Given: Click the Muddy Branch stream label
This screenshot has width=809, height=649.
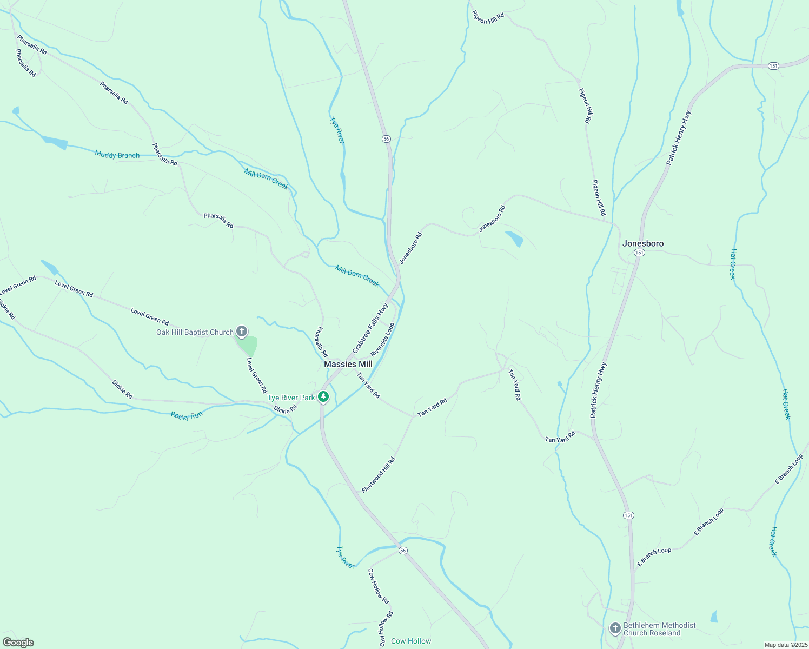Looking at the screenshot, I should (x=117, y=155).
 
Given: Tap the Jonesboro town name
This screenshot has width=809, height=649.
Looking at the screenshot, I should (x=642, y=243).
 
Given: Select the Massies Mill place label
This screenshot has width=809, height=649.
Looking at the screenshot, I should (x=348, y=364).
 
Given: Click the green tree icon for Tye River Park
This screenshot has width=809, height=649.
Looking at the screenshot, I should (x=323, y=398).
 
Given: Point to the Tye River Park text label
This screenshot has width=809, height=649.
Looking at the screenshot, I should (x=291, y=398).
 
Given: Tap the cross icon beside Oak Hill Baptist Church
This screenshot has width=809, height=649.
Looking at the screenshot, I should (x=242, y=332).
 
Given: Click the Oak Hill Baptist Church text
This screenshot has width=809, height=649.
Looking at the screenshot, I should (x=195, y=332).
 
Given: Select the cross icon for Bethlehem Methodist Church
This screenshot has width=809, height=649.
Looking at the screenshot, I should (x=615, y=628).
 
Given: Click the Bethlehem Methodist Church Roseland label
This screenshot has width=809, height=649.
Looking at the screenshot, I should (x=660, y=629).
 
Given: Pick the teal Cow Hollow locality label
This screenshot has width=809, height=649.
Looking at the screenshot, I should (x=411, y=641).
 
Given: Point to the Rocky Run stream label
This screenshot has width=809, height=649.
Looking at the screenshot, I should (x=187, y=415).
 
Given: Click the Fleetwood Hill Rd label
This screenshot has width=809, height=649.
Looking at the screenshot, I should (x=379, y=475).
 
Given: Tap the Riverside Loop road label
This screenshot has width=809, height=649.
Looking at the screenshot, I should (x=383, y=340).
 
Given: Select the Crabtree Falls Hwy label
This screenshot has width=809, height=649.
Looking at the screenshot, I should (x=370, y=328).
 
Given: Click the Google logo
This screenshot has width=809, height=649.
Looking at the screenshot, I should (x=18, y=643).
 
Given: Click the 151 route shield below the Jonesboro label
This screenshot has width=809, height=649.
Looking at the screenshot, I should (x=640, y=253).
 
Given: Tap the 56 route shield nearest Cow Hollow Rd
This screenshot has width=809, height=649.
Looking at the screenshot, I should (x=403, y=551).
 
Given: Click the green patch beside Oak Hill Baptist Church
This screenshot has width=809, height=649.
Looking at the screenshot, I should (x=247, y=345).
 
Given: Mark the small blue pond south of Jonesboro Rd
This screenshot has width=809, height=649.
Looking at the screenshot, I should (x=514, y=238).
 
